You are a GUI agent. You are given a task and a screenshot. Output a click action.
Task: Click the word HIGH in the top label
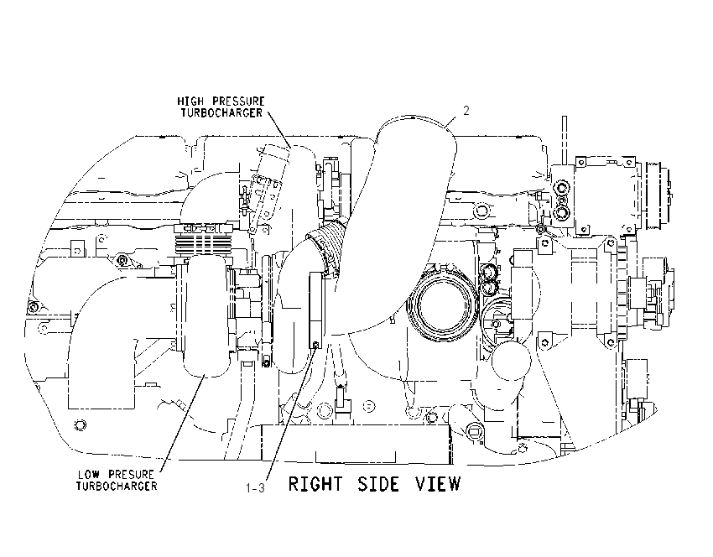[190, 101]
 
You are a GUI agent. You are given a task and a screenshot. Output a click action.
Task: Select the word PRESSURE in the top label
[239, 101]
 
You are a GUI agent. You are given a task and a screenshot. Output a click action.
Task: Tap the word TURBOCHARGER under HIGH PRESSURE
[221, 112]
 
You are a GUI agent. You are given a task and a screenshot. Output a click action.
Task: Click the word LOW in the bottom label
[88, 475]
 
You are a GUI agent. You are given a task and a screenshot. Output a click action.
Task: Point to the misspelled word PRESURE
[132, 475]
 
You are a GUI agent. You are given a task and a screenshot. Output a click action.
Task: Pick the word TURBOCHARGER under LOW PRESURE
[117, 486]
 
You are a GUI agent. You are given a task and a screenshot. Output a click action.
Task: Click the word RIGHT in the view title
[315, 484]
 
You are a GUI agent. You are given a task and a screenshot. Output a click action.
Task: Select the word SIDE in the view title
[378, 484]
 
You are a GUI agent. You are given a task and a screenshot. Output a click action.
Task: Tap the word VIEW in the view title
[438, 484]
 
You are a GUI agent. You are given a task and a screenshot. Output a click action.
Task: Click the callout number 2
[466, 111]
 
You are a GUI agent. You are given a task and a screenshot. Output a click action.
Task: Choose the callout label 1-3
[255, 488]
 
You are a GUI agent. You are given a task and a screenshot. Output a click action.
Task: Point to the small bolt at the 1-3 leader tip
[316, 344]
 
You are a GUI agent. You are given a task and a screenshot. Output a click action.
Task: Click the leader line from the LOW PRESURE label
[182, 424]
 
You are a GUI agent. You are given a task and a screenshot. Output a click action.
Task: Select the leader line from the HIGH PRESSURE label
[278, 129]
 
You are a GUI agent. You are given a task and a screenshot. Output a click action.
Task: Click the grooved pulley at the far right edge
[659, 196]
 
